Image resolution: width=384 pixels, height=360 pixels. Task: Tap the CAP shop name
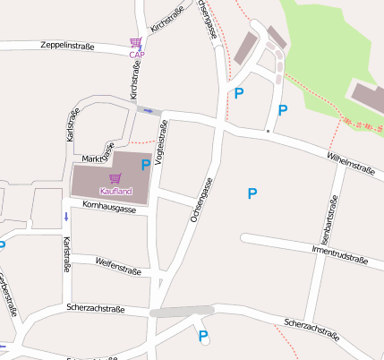136,55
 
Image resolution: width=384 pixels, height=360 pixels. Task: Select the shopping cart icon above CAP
136,42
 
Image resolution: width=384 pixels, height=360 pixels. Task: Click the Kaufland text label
116,191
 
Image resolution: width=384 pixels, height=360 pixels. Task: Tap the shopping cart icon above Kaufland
115,179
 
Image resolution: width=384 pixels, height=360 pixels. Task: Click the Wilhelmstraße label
350,162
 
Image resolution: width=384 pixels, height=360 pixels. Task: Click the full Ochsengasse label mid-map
200,200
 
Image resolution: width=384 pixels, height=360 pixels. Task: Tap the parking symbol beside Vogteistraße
145,165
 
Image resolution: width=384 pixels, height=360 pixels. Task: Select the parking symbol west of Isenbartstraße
252,193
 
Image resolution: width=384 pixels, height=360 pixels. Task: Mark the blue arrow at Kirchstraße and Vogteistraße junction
148,110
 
